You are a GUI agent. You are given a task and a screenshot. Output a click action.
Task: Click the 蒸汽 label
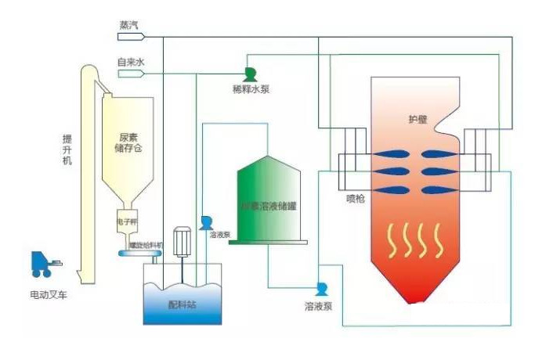[127, 25]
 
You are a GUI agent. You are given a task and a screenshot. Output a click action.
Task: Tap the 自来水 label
[128, 63]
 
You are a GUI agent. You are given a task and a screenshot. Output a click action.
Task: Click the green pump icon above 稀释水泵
[250, 74]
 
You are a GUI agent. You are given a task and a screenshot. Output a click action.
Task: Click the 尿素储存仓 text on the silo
[128, 142]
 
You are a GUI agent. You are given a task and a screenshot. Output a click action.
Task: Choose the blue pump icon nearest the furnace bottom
[320, 289]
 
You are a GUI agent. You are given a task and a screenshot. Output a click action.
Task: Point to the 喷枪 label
[356, 199]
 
